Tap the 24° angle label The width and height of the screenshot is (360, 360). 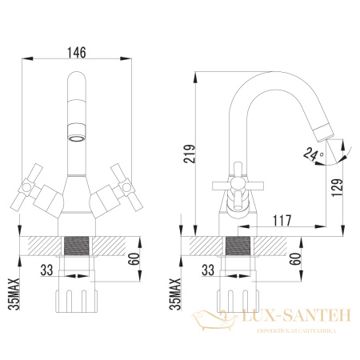coord(310,152)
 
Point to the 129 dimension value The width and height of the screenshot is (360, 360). coord(340,186)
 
